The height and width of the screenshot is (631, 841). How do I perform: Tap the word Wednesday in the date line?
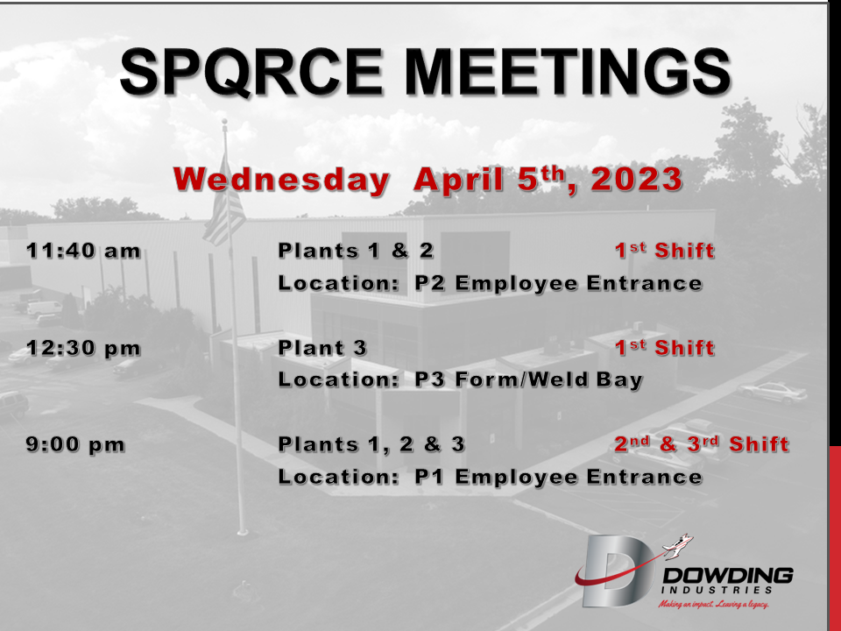coord(281,179)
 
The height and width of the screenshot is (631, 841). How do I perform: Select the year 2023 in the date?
coord(636,179)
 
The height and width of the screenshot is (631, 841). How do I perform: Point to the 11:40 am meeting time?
coord(83,251)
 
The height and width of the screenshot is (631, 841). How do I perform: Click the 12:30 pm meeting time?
coord(83,348)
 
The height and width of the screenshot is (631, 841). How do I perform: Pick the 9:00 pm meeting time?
coord(75,444)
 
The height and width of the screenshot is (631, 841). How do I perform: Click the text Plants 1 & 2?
coord(356,251)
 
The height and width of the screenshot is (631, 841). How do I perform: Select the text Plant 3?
coord(322,348)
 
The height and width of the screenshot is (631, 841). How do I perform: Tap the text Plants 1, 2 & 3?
coord(371,444)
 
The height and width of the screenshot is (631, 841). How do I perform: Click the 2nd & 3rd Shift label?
coord(702,444)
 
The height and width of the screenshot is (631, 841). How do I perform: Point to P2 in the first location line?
coord(429,283)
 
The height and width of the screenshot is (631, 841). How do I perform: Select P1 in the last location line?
coord(429,477)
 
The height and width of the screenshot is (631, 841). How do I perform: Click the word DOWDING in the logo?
coord(728,577)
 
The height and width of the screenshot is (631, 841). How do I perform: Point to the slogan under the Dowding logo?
coord(714,605)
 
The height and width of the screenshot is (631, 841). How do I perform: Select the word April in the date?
coord(458,180)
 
